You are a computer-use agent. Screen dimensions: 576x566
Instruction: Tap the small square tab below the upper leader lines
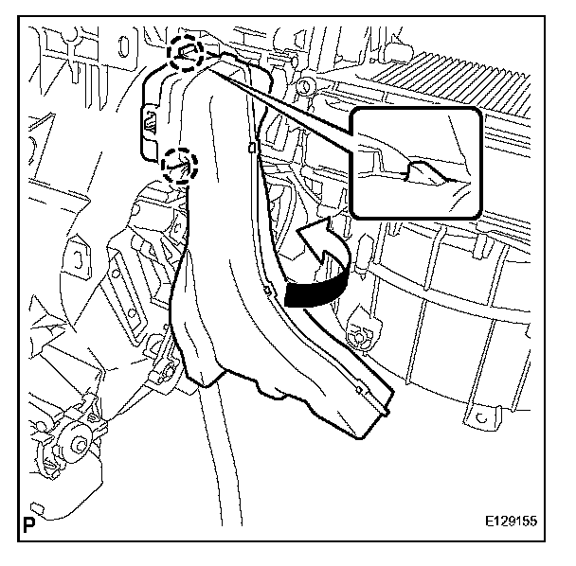(x=249, y=148)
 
